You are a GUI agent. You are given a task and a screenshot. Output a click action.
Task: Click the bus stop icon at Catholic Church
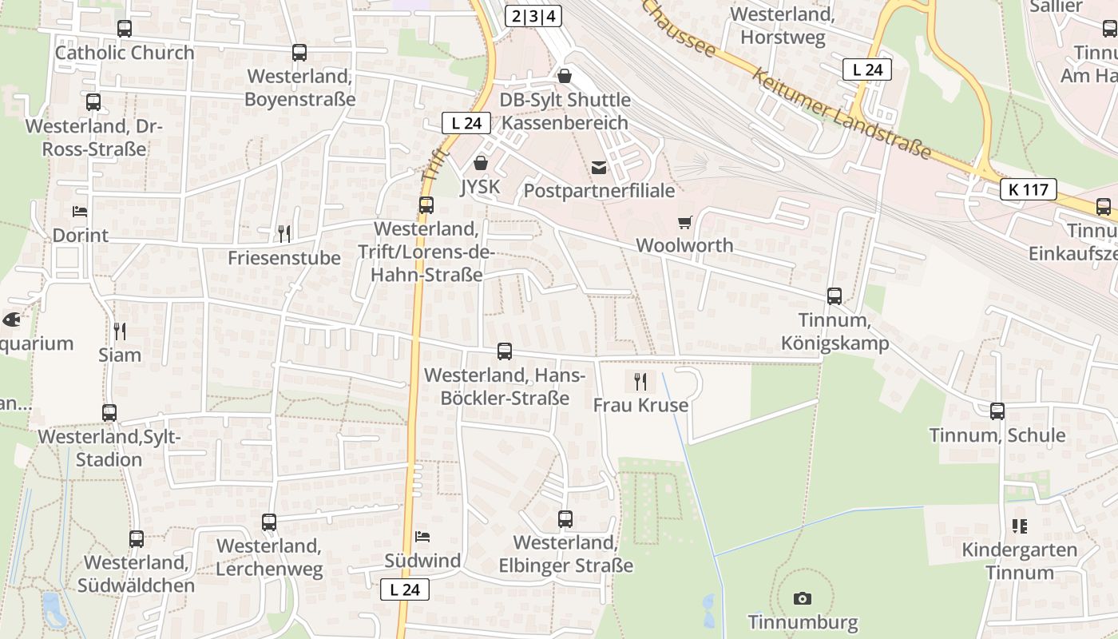coord(124,29)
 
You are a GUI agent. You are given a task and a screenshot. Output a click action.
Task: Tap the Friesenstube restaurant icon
coord(283,233)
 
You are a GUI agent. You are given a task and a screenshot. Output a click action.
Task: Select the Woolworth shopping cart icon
coord(684,222)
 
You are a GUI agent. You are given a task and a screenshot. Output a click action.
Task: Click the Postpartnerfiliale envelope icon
coord(599,168)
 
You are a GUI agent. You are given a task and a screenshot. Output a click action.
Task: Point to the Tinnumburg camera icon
coord(803,598)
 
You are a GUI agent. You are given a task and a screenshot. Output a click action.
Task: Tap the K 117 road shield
coord(1029,189)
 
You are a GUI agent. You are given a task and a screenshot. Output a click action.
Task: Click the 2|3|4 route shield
coord(533,16)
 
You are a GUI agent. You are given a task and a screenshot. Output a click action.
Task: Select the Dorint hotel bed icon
coord(80,212)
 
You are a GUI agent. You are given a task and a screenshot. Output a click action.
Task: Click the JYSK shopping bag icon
coord(481,163)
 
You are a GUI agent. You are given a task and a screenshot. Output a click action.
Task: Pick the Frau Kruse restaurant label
coord(640,405)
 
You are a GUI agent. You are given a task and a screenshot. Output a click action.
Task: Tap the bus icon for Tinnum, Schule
coord(997,411)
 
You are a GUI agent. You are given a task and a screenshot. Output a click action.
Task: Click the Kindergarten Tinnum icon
coord(1019,526)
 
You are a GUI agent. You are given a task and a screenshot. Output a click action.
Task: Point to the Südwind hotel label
coord(422,561)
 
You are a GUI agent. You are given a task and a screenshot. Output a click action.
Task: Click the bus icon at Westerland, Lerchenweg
coord(269,522)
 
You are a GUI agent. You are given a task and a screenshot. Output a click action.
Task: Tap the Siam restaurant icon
coord(120,331)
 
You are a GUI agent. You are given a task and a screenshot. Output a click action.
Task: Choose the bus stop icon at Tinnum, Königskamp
coord(835,296)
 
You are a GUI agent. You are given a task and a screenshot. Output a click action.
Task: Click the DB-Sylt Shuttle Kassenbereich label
coord(565,111)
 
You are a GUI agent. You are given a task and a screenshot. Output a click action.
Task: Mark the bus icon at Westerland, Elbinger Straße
coord(565,519)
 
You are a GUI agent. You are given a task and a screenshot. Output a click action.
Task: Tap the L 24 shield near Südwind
coord(405,590)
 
